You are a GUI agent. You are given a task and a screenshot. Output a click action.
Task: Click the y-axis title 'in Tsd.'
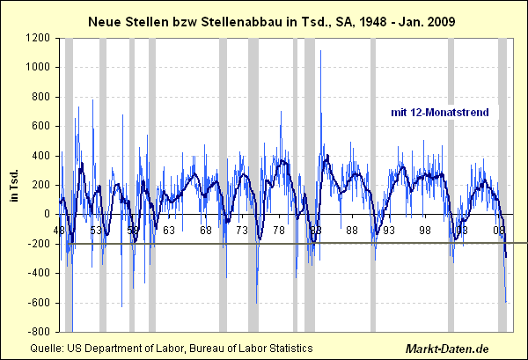[15, 184]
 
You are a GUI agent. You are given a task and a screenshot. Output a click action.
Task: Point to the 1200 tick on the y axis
[39, 38]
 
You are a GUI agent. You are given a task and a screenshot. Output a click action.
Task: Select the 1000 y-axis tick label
[39, 67]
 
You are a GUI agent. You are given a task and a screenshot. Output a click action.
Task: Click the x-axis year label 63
[169, 230]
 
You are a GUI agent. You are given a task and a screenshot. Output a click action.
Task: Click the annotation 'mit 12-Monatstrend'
[445, 112]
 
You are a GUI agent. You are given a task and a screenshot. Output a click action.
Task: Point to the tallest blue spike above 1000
[320, 51]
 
